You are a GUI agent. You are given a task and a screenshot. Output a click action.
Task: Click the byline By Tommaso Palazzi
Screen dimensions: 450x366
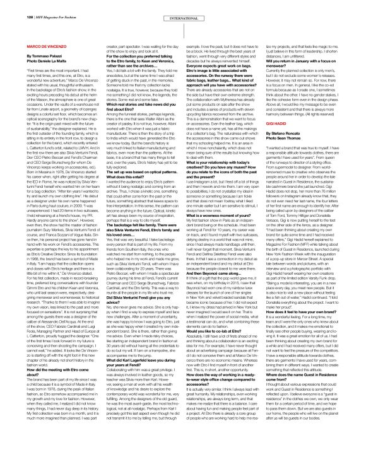pyautogui.click(x=34, y=44)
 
